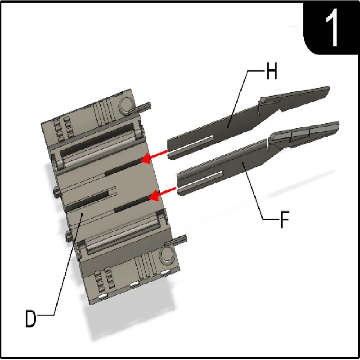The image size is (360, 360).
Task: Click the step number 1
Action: click(x=332, y=27)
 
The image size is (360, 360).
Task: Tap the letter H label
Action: click(x=272, y=71)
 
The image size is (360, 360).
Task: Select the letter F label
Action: click(x=285, y=219)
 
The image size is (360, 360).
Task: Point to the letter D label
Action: click(x=31, y=318)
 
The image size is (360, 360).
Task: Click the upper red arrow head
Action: click(x=146, y=158)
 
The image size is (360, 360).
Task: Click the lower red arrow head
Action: click(x=154, y=195)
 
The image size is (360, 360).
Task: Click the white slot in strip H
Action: click(x=191, y=144)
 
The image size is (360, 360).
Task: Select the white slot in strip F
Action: click(x=200, y=180)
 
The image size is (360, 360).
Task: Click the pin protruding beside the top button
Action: click(x=141, y=107)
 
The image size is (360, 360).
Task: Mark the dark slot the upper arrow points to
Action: click(x=123, y=167)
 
